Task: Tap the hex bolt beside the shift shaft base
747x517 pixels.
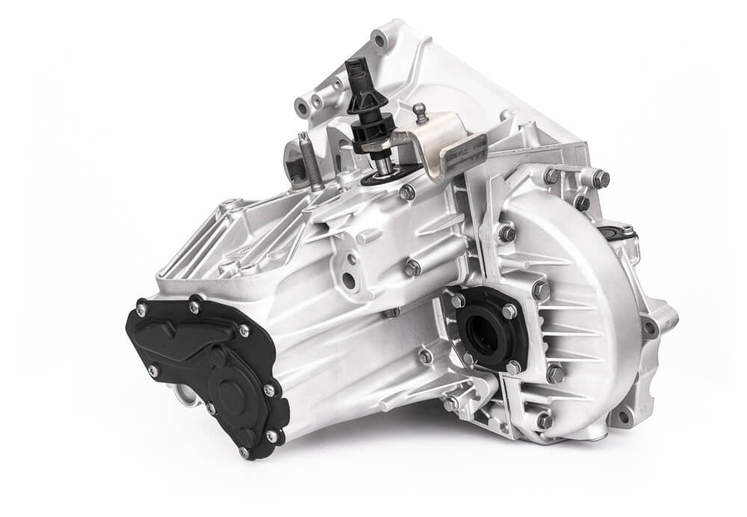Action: click(x=407, y=192)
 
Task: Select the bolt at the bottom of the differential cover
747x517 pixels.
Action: click(x=544, y=421)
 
